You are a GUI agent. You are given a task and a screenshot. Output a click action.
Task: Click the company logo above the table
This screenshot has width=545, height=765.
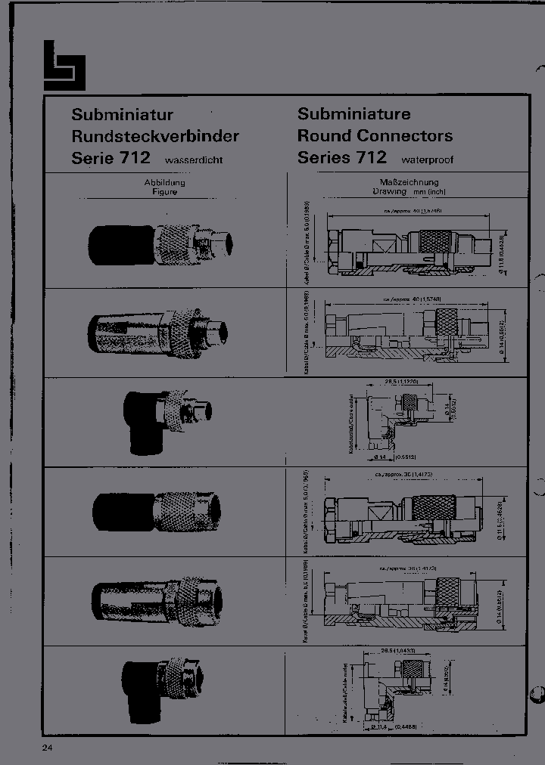coord(64,65)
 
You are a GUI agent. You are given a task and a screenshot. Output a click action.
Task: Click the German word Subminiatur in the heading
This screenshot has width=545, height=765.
coord(123,115)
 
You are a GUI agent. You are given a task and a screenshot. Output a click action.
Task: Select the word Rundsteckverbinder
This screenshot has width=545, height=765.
coord(155,137)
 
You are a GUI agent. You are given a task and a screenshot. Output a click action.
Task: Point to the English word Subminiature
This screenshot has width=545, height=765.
coord(354,114)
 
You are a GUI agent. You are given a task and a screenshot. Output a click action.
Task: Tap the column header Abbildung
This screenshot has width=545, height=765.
coord(164,183)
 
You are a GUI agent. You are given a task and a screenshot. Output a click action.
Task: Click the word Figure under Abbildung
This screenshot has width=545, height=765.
coord(164,192)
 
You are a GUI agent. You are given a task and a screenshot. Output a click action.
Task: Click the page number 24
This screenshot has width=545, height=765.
coord(48,748)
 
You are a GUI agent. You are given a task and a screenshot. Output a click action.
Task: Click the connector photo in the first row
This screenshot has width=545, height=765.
coord(161,243)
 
